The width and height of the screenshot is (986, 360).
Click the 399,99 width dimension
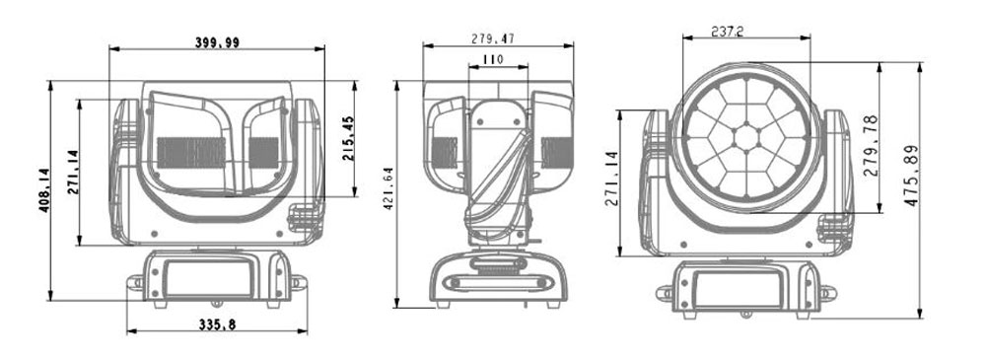217,42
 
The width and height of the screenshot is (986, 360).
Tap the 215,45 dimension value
348,138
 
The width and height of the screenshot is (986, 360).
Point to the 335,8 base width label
217,324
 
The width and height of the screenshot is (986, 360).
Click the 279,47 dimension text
493,38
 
